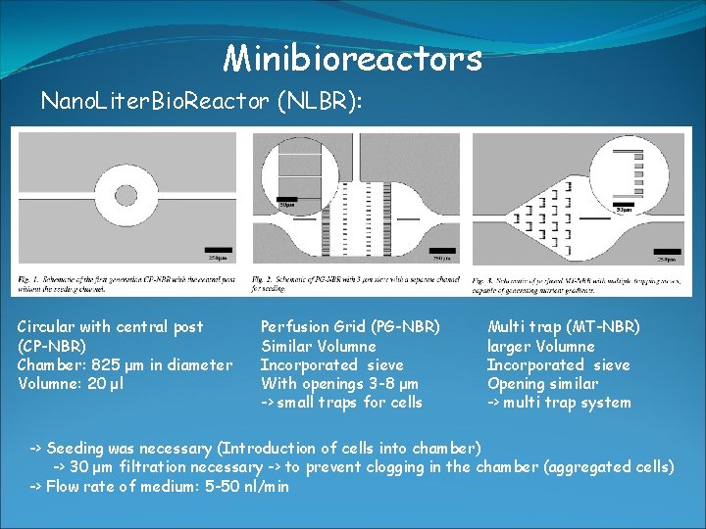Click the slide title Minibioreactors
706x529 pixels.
353,59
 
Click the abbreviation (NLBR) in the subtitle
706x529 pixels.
320,101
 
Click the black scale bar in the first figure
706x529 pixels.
218,251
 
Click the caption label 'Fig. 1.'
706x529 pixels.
27,279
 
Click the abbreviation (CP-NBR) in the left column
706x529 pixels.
52,347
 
